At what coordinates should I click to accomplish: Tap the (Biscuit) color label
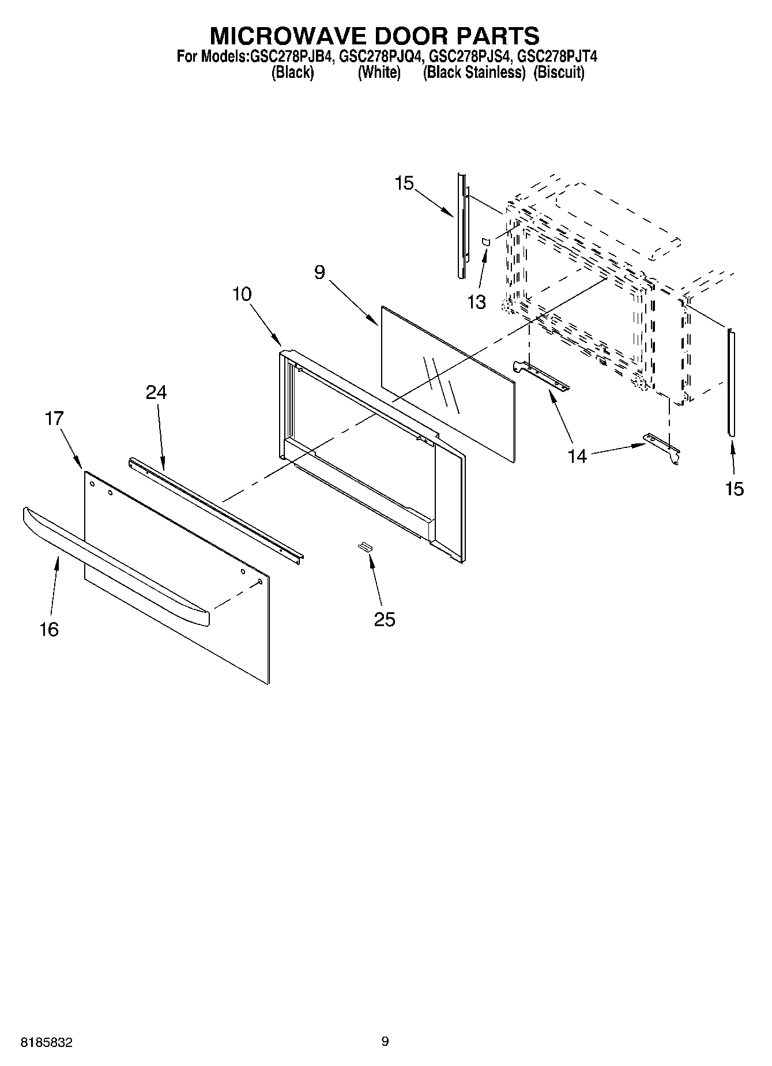[x=559, y=73]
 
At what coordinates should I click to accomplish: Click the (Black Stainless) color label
[x=474, y=73]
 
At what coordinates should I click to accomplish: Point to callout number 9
[x=320, y=272]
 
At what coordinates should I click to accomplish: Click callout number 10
[x=242, y=294]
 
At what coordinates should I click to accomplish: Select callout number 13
[x=476, y=302]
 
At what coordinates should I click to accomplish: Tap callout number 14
[x=577, y=456]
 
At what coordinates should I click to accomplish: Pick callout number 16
[x=49, y=629]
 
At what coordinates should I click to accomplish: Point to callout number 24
[x=156, y=392]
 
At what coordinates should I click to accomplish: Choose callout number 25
[x=385, y=619]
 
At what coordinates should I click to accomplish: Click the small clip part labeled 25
[x=365, y=547]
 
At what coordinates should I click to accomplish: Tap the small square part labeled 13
[x=486, y=242]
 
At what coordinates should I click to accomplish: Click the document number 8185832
[x=46, y=1043]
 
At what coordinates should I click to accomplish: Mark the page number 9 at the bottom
[x=385, y=1041]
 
